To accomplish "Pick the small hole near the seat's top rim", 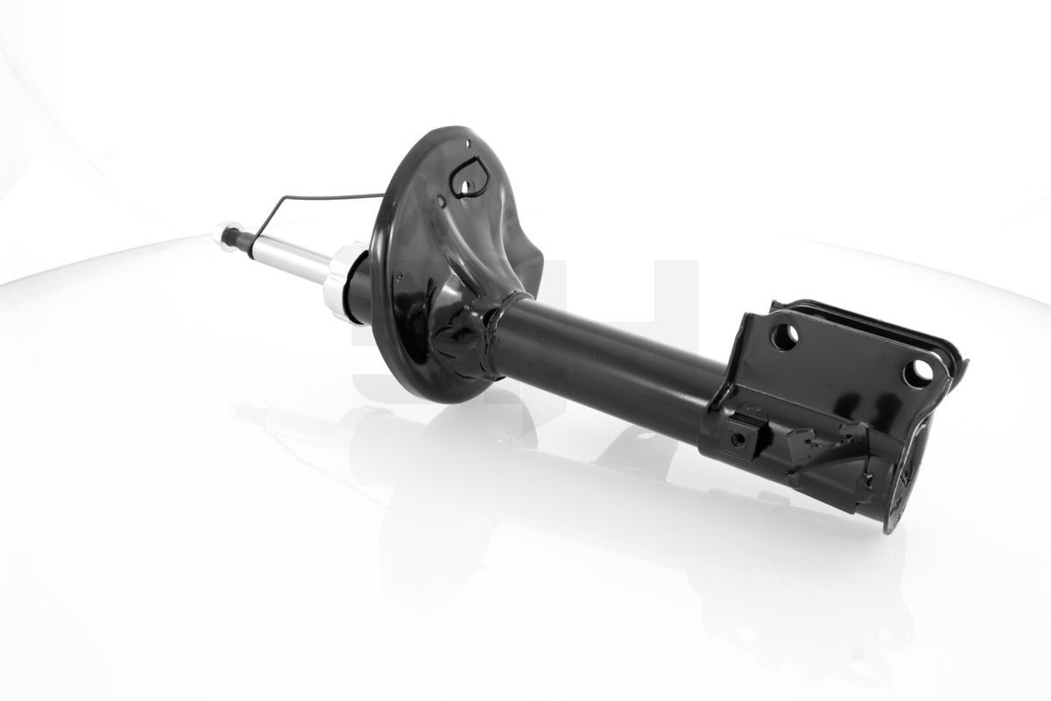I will pos(469,144).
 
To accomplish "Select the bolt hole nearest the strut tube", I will pos(785,336).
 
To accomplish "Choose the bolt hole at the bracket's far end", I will pos(919,372).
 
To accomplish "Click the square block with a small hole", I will pos(740,435).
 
